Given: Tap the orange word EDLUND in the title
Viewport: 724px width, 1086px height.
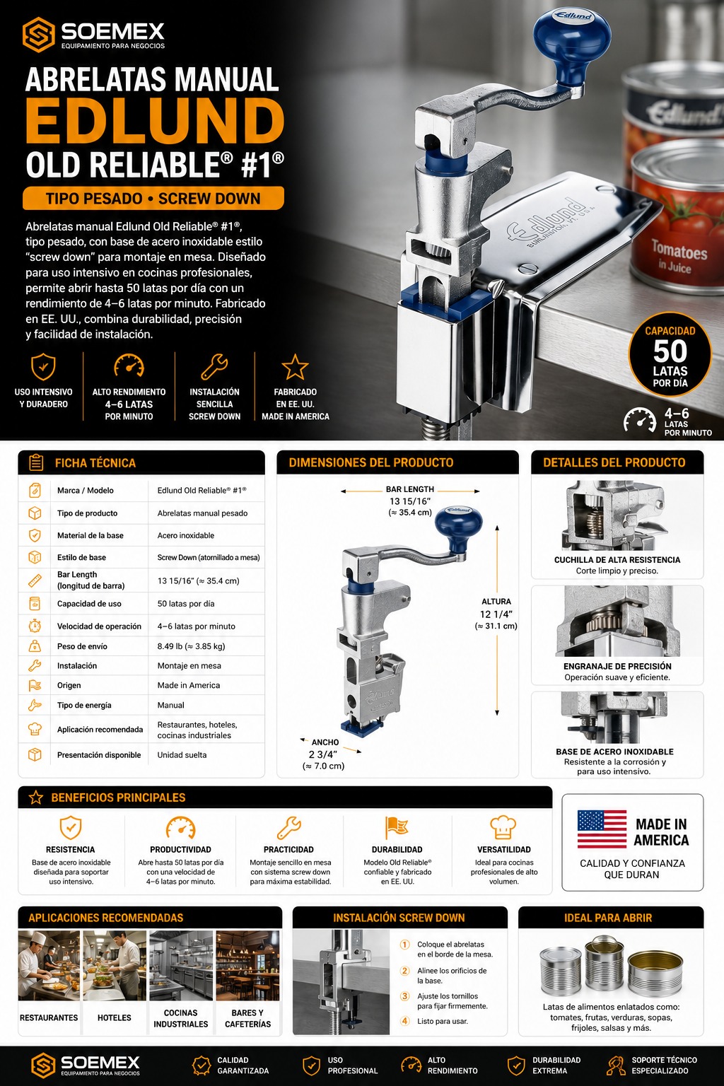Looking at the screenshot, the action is point(154,121).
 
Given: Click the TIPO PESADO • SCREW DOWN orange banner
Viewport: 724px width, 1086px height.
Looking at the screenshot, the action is point(153,198).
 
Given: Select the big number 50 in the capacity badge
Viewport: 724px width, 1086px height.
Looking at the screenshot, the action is point(670,351).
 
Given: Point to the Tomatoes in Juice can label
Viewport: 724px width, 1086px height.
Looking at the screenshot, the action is point(679,255).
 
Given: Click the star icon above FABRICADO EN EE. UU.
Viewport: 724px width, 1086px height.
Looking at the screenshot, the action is point(295,367).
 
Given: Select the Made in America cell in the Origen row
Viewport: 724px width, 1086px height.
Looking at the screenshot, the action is point(189,685).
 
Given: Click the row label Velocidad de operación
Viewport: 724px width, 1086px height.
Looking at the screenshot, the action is point(99,626).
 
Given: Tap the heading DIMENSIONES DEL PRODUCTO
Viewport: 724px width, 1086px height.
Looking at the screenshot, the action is point(371,462).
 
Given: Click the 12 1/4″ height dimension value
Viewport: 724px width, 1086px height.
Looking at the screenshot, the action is point(496,614).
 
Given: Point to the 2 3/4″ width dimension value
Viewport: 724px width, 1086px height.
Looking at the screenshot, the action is point(323,754).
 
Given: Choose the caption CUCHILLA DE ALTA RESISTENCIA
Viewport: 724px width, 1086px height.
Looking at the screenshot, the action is point(617,560).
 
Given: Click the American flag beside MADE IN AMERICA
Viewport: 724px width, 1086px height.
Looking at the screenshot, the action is point(602,829).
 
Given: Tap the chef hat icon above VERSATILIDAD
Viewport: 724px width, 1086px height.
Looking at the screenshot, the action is point(503,827).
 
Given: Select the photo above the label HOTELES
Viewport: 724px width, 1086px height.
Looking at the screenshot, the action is point(115,966).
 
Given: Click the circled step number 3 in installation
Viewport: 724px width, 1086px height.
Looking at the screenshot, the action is point(405,996).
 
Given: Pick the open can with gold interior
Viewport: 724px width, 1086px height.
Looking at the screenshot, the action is point(655,971).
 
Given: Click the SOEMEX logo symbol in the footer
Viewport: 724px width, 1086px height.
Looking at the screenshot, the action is point(43,1065).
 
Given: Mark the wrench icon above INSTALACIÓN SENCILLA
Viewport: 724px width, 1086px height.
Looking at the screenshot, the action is point(214,366).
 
